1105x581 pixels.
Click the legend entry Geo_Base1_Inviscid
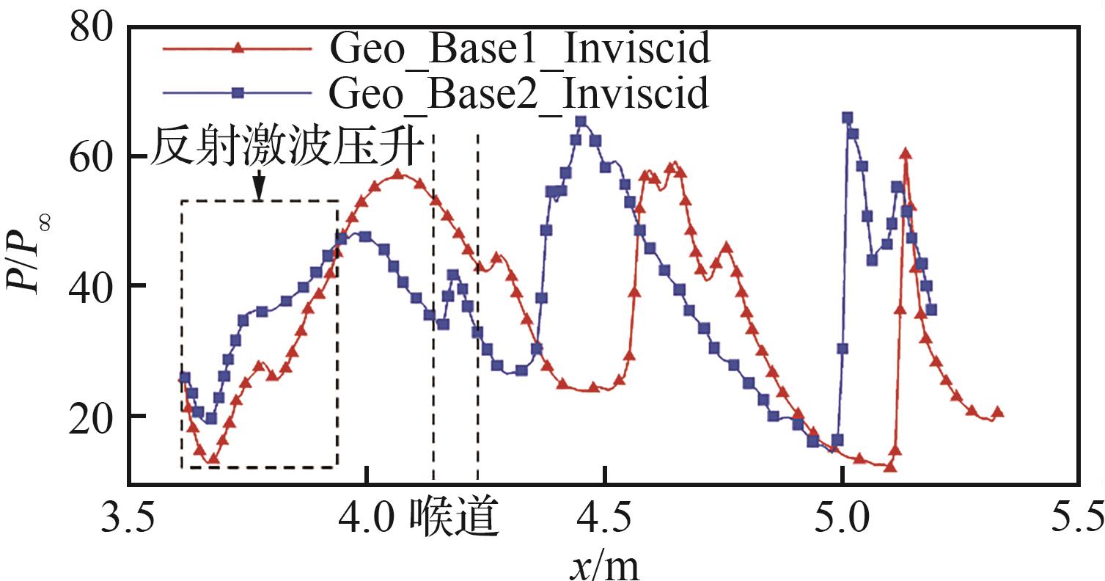click(519, 50)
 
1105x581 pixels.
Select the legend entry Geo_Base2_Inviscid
click(519, 92)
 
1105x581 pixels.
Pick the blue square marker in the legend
click(237, 92)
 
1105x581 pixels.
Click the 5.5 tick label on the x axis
click(1076, 520)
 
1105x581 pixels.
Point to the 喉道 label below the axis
click(455, 520)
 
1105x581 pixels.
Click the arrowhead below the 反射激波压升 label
click(258, 194)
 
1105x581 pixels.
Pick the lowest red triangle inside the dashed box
click(213, 459)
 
